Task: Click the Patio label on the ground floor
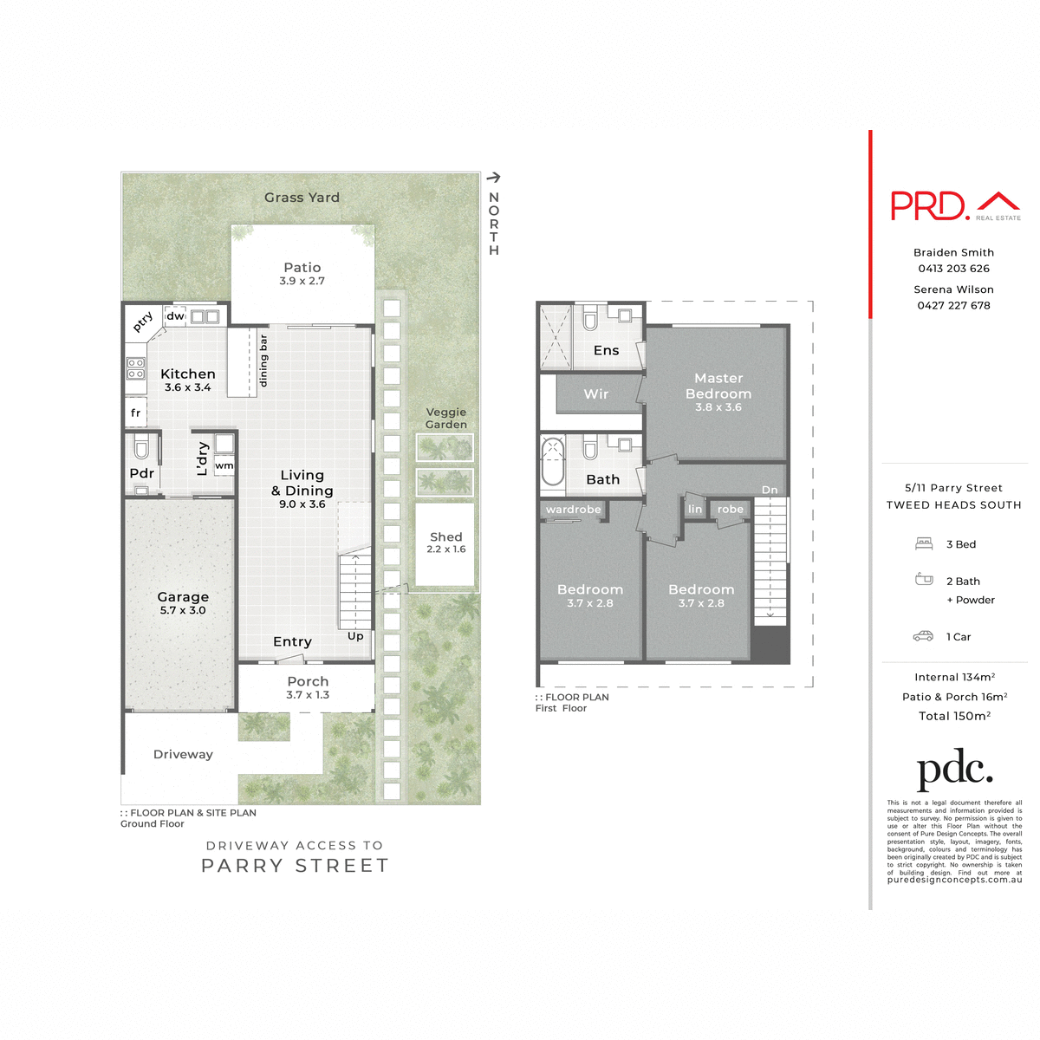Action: coord(302,268)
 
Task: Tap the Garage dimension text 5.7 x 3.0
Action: coord(183,610)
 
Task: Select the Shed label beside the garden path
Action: coord(445,537)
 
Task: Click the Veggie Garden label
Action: coord(446,419)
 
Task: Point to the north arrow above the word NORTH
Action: coord(493,178)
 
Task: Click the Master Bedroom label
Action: coord(718,386)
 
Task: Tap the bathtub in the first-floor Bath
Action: coord(552,463)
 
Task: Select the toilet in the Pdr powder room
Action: coord(142,447)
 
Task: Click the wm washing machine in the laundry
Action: coord(224,465)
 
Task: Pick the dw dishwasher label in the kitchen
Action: coord(176,316)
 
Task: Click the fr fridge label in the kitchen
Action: coord(135,413)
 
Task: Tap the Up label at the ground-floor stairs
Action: coord(355,636)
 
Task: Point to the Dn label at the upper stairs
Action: coord(770,490)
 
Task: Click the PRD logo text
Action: coord(929,205)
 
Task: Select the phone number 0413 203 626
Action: coord(953,269)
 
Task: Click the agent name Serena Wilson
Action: coord(953,289)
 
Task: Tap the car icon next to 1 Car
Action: coord(923,636)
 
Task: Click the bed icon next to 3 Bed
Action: coord(924,544)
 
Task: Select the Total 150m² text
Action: coord(954,716)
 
